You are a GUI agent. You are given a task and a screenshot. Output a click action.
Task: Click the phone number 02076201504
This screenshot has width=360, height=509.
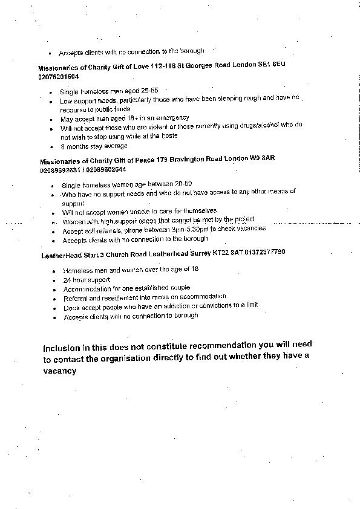pos(58,77)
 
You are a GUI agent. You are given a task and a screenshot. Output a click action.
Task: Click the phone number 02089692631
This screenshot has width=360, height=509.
pos(60,170)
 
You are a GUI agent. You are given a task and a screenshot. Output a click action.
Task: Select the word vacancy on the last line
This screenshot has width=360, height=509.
pos(59,371)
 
